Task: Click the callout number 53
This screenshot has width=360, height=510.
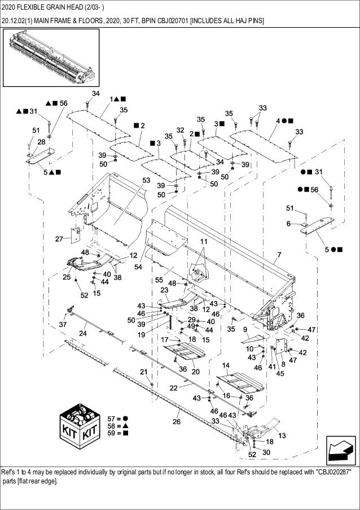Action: coord(146,180)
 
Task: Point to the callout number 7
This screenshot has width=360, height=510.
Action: coord(278,255)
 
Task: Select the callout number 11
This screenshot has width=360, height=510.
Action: coord(203,241)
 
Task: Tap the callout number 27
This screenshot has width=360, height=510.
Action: coord(59,239)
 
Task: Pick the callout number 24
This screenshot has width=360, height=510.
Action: coord(83,334)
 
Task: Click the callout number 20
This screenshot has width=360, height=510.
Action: coord(195,371)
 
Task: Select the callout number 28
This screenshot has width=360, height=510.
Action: coord(41,142)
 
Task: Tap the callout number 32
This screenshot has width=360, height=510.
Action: coord(180,130)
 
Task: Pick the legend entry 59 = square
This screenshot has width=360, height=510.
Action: coord(113,434)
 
